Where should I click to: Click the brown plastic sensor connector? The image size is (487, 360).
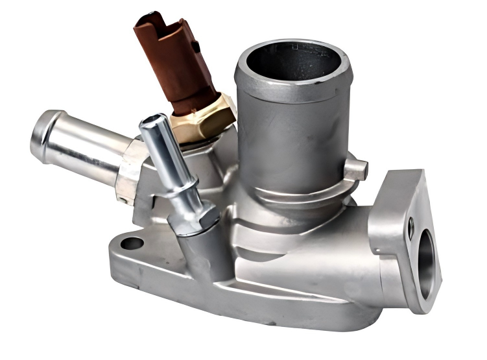[x=174, y=62]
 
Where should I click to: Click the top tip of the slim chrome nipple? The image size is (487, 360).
[x=152, y=120]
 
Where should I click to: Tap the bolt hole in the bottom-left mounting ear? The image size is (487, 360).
[x=132, y=244]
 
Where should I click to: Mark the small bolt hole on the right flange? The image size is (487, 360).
[x=410, y=225]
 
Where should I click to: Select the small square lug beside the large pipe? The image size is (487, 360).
[x=355, y=170]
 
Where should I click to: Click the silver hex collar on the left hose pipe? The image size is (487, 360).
[x=132, y=170]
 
